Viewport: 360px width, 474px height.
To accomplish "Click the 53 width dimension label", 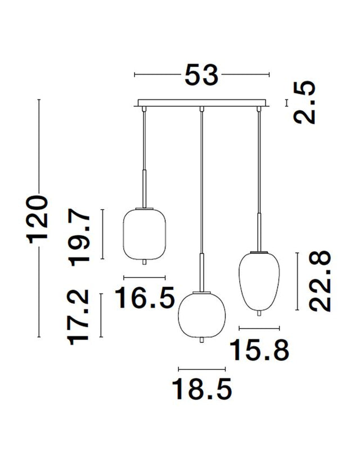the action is point(201,75).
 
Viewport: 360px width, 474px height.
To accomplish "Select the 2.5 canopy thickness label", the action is point(305,102).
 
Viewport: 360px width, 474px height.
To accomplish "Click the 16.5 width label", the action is point(145,298).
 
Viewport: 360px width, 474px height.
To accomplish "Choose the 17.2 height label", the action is point(79,318).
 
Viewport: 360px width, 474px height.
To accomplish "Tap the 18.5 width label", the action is point(202,389).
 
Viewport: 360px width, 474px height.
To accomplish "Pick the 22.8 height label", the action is point(319,281).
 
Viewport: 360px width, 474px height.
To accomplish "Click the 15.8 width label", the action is point(259,350).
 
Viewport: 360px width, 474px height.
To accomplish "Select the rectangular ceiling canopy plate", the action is point(201,103).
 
